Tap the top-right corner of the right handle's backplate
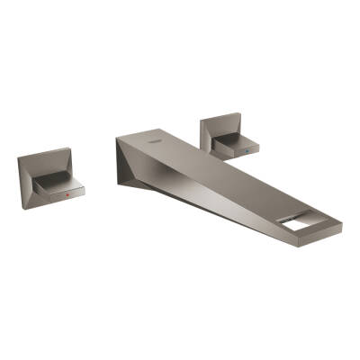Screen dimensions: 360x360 pos(240,113)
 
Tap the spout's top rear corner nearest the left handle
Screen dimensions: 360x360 pos(117,137)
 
